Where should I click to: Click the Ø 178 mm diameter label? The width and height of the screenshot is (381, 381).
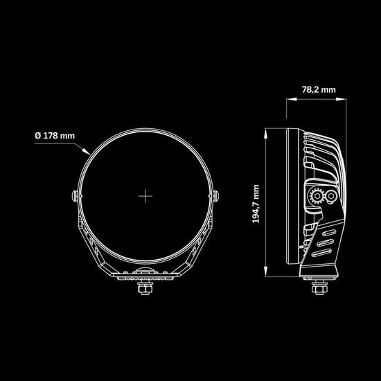(x=55, y=136)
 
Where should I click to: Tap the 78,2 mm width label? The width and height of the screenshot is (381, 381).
(x=319, y=89)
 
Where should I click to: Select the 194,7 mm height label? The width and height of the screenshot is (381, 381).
(x=256, y=204)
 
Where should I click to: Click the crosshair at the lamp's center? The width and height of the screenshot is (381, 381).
(x=145, y=196)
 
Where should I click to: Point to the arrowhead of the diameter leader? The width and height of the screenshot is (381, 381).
(x=86, y=152)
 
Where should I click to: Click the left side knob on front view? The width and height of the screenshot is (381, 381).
(x=75, y=196)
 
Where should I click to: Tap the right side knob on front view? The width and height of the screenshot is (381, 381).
(x=215, y=196)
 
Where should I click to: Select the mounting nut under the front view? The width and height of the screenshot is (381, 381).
(x=145, y=289)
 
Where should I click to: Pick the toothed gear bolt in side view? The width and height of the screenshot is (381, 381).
(x=317, y=195)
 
